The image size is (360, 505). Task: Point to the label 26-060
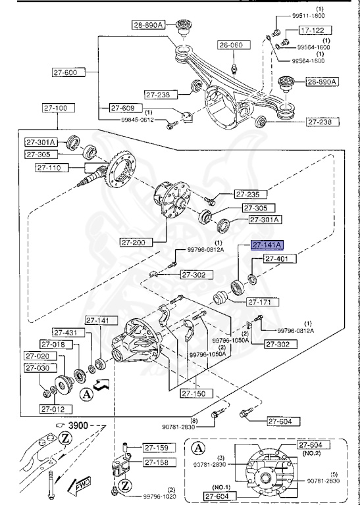(x=231, y=45)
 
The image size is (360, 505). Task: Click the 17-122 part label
(x=313, y=30)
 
